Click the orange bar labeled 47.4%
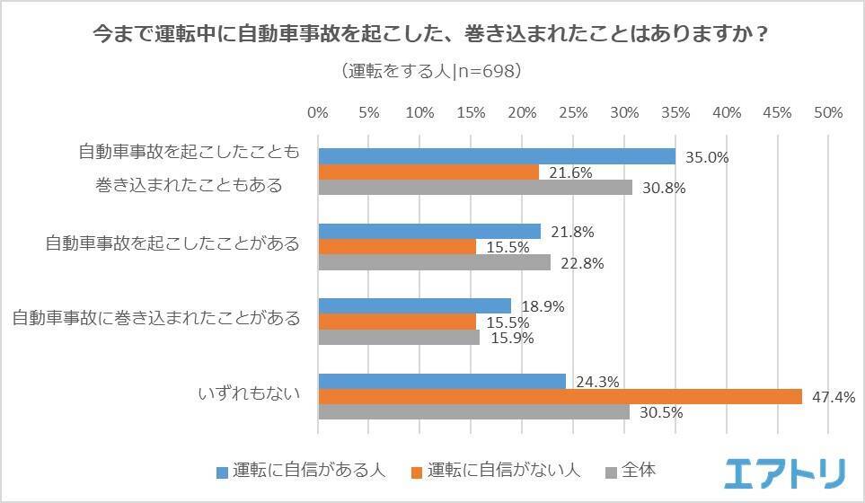click(560, 396)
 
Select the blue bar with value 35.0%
click(497, 156)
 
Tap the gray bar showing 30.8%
click(475, 187)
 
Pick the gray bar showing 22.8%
click(435, 262)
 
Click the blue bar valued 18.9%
click(415, 306)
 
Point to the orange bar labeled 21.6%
click(428, 172)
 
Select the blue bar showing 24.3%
click(443, 381)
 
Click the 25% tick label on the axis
click(573, 113)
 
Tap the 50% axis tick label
click(828, 113)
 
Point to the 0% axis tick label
click(318, 113)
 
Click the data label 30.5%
click(661, 412)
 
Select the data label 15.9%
click(512, 338)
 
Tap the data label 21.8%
click(572, 232)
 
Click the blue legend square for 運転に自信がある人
click(223, 472)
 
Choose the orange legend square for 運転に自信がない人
click(417, 472)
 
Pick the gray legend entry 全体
click(631, 471)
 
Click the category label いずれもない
click(249, 393)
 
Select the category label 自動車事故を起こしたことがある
click(172, 243)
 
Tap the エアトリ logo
click(784, 473)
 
